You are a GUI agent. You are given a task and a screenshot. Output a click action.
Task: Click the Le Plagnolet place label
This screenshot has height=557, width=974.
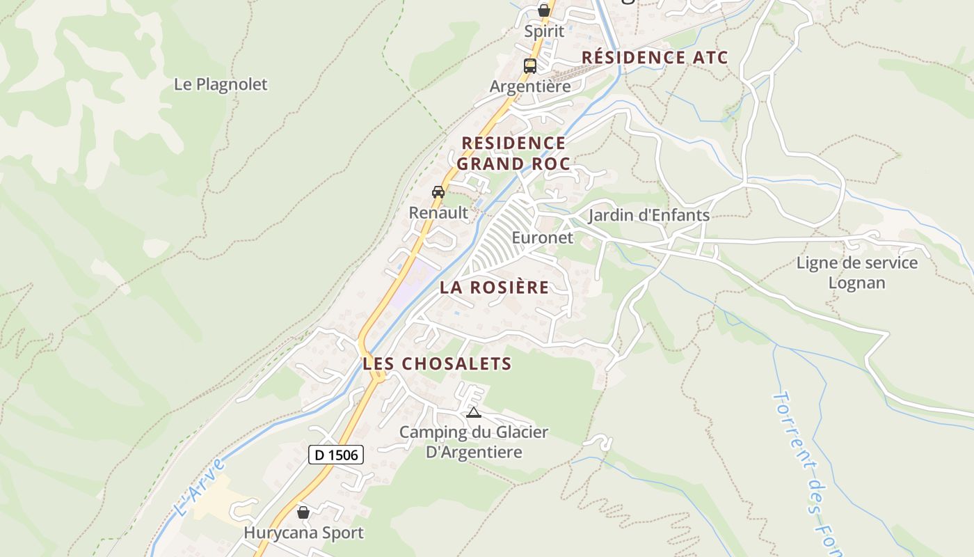[x=221, y=84]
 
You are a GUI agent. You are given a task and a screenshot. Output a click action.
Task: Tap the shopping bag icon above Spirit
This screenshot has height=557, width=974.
[x=544, y=10]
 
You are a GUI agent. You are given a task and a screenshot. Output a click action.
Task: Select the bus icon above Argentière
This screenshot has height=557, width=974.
[x=530, y=66]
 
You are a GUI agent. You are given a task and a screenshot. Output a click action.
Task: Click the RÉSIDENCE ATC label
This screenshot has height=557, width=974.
[x=655, y=57]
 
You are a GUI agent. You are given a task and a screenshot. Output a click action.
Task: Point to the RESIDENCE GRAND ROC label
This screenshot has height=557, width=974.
[x=513, y=153]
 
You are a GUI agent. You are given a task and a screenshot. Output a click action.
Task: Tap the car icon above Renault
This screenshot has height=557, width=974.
[x=438, y=192]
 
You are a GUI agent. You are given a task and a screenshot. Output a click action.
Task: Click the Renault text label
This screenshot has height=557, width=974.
[x=438, y=212]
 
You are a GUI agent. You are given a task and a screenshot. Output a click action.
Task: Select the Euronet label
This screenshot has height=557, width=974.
[x=543, y=237]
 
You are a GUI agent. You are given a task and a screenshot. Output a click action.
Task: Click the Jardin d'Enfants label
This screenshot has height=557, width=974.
[x=649, y=215]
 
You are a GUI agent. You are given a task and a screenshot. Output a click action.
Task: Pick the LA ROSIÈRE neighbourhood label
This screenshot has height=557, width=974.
[x=495, y=287]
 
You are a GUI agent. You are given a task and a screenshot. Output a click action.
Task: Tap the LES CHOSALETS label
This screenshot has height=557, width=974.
[x=437, y=363]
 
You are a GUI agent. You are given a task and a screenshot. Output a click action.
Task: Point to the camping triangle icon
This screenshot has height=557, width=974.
[x=474, y=412]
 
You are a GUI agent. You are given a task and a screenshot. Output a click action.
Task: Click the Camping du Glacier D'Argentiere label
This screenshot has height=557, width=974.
[x=474, y=442]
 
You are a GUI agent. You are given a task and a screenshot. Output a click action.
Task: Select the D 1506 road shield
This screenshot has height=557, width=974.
[x=336, y=455]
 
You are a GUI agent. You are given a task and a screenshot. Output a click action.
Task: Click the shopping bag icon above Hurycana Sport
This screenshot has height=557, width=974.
[x=303, y=512]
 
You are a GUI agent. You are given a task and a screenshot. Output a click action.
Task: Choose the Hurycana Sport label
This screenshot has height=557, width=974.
[x=303, y=533]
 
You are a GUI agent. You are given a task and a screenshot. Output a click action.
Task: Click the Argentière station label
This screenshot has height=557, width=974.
[x=530, y=86]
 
